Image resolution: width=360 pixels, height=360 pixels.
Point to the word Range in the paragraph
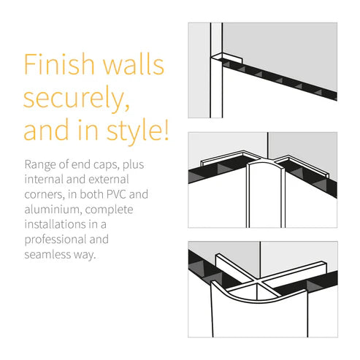click(x=40, y=164)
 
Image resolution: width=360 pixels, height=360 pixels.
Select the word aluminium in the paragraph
click(x=53, y=210)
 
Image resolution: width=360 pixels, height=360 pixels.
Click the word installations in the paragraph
click(x=58, y=225)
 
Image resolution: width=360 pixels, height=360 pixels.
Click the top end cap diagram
click(x=262, y=70)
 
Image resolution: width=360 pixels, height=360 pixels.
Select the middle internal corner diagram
click(x=262, y=180)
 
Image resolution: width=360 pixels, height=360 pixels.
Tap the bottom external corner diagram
click(x=262, y=289)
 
